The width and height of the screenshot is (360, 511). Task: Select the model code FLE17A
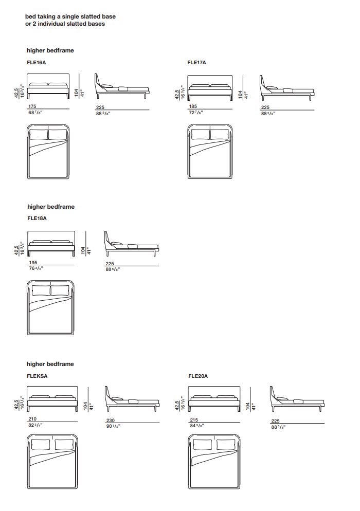tap(197, 62)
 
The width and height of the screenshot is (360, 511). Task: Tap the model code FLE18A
tap(37, 218)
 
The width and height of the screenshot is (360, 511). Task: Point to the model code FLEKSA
tap(37, 376)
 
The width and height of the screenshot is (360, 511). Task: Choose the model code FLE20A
tap(198, 376)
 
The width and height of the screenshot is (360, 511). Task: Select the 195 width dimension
tap(33, 263)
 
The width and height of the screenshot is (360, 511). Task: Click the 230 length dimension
tap(110, 419)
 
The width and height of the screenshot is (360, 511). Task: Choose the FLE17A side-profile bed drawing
tap(286, 87)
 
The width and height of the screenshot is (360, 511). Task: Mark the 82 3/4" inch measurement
tap(34, 425)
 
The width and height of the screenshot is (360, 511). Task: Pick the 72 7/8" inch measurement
tap(196, 113)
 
